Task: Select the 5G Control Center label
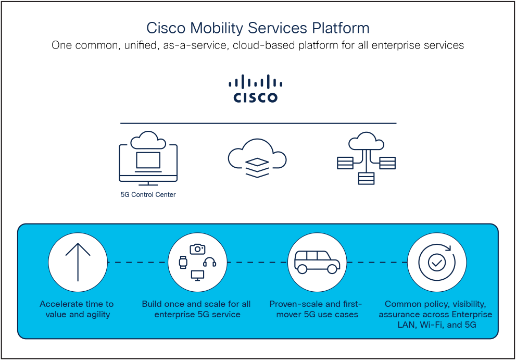(x=148, y=195)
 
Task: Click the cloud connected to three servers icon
(x=366, y=158)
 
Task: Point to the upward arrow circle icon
(x=78, y=262)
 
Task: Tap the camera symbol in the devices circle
(x=197, y=249)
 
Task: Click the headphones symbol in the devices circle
(x=210, y=262)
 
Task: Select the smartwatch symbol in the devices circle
(x=183, y=263)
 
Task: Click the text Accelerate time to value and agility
(x=77, y=309)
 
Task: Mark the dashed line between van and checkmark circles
(x=377, y=262)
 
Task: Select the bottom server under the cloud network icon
(x=366, y=178)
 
